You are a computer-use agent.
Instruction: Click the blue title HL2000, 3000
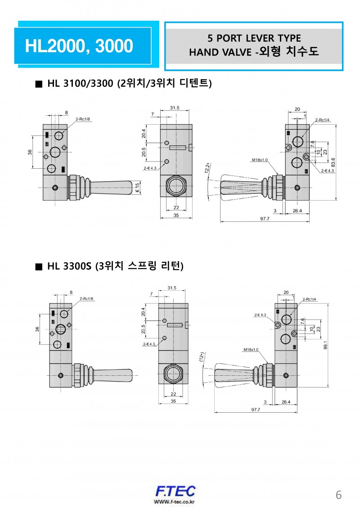pyautogui.click(x=79, y=46)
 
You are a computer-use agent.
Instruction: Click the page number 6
pyautogui.click(x=339, y=495)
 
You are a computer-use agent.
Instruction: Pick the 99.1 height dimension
pyautogui.click(x=332, y=345)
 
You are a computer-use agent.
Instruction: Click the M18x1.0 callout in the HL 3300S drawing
pyautogui.click(x=251, y=350)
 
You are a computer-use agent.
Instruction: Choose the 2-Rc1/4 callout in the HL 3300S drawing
pyautogui.click(x=309, y=299)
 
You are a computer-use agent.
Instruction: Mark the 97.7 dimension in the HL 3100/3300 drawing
pyautogui.click(x=265, y=219)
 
